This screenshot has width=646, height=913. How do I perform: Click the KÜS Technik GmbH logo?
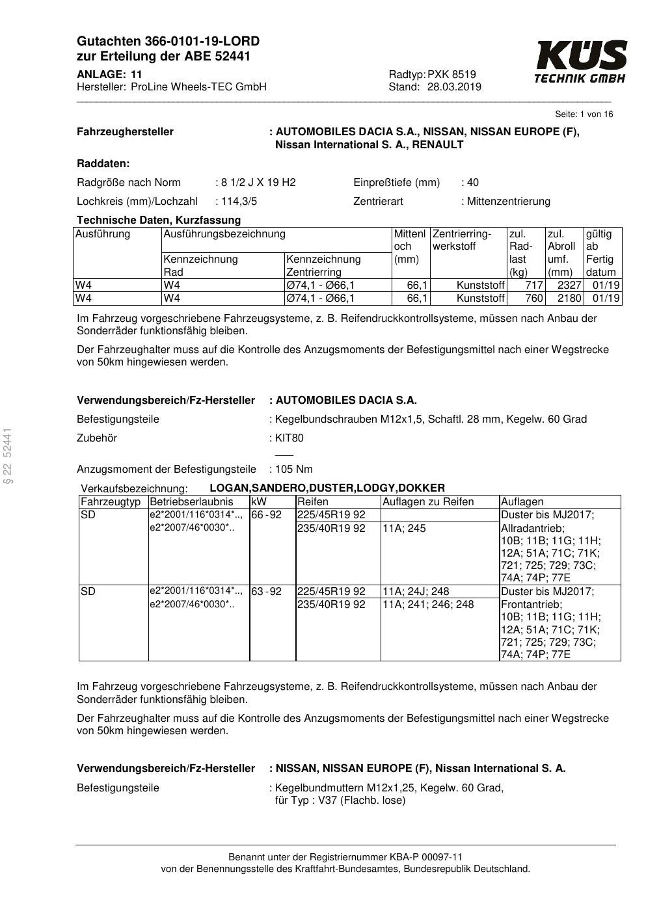(x=580, y=62)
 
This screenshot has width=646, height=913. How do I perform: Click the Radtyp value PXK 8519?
(x=451, y=74)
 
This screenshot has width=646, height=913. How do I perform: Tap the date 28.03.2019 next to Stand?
(x=454, y=87)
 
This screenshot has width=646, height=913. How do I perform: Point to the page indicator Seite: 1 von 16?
(x=584, y=114)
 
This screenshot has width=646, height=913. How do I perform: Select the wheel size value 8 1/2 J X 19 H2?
(x=258, y=182)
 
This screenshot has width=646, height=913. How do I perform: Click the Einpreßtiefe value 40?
(x=472, y=182)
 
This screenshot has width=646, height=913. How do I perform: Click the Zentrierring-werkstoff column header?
(x=462, y=240)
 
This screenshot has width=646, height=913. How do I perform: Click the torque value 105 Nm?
(x=293, y=469)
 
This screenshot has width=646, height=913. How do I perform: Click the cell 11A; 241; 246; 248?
(x=428, y=605)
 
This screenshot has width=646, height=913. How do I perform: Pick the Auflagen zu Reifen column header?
(x=428, y=502)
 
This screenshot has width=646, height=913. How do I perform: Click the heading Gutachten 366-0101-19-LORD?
(x=168, y=42)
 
